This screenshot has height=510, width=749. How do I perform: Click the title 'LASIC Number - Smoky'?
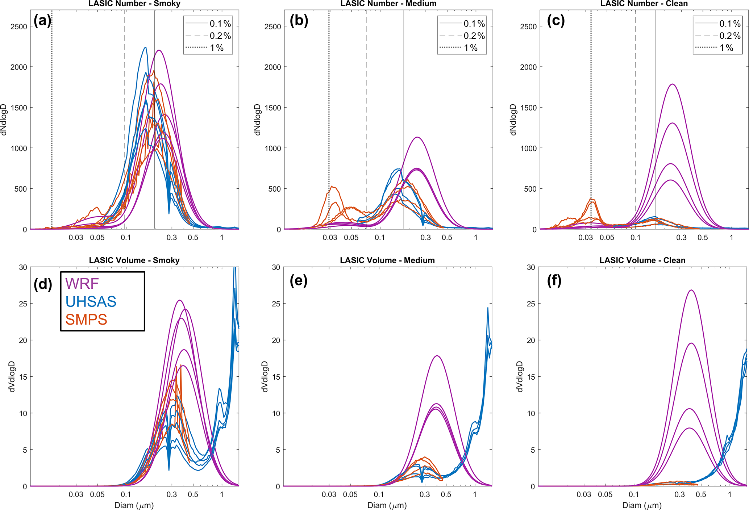pos(134,4)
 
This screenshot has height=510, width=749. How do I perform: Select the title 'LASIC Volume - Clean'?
pos(642,260)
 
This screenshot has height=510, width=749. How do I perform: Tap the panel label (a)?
pos(42,21)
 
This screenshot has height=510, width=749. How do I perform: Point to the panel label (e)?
pos(298,281)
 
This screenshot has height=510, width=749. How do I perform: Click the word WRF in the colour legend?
pos(82,284)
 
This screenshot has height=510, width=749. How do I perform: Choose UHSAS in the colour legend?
pos(91,301)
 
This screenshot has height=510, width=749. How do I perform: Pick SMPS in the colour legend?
pos(86,319)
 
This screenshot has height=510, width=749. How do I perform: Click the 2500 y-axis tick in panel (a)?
pos(19,26)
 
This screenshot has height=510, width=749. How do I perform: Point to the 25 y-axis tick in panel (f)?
pos(531,304)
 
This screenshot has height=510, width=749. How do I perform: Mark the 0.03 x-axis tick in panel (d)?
pos(76,494)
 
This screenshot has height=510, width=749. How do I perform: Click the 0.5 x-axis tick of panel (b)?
pos(447,238)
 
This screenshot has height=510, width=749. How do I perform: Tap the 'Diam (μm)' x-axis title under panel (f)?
pos(642,505)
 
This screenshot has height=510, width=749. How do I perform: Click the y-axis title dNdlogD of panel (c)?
pos(513,120)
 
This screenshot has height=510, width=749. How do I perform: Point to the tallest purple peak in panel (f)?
pos(691,290)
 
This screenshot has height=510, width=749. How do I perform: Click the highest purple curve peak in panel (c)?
pos(673,84)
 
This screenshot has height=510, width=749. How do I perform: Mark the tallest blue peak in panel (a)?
pos(145,47)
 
